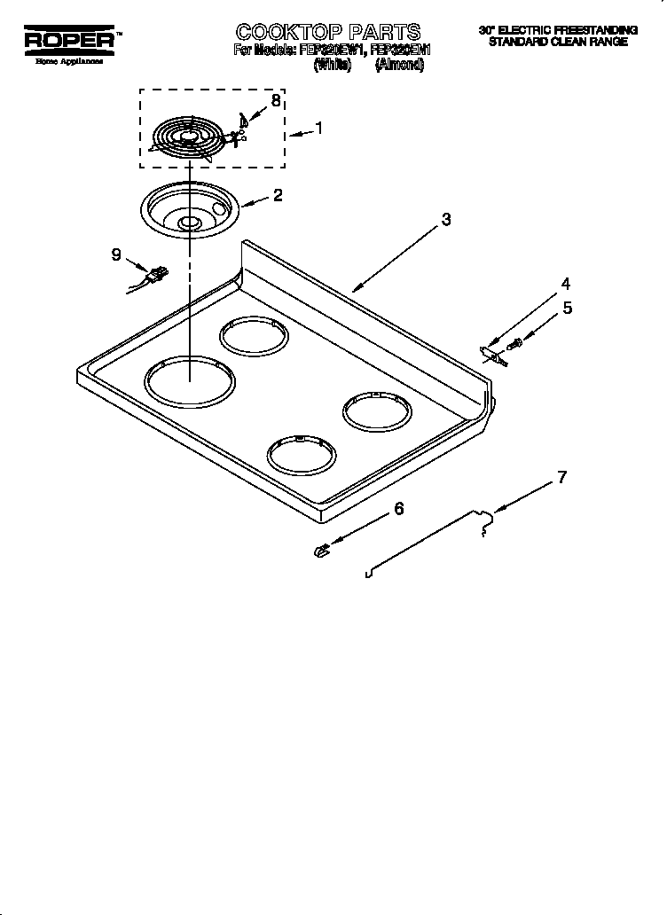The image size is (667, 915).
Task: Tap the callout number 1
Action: point(319,128)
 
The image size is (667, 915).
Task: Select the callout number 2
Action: point(278,195)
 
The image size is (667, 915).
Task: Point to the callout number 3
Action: point(446,219)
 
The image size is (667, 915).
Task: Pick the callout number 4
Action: point(565,285)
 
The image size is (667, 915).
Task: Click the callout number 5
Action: point(568,309)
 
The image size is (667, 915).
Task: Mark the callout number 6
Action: point(398,509)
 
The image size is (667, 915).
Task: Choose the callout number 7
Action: point(561,478)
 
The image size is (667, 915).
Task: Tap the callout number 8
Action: point(276,100)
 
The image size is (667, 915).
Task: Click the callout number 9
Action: point(116,254)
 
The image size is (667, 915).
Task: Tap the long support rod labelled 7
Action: point(426,545)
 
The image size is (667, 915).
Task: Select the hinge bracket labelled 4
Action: point(490,352)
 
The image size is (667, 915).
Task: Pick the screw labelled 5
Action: point(513,341)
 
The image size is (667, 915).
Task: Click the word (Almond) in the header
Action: point(398,65)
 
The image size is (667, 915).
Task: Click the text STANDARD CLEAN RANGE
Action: point(558,42)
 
